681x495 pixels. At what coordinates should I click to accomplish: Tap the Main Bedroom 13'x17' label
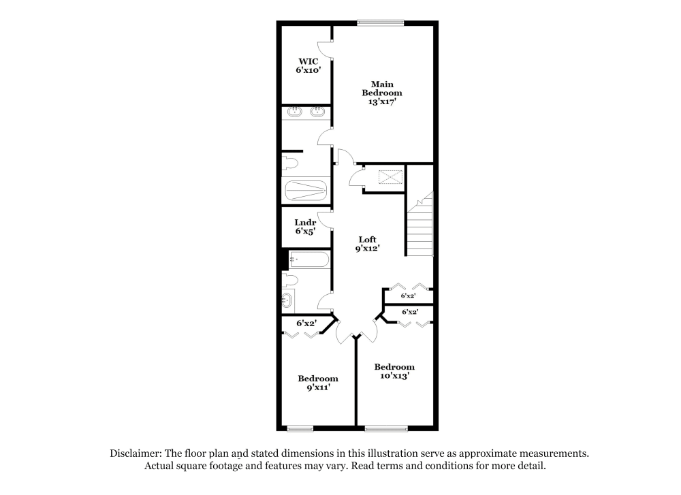[381, 93]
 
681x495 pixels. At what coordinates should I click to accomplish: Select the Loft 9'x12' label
[368, 244]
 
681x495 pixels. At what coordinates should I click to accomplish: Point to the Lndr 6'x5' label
[304, 227]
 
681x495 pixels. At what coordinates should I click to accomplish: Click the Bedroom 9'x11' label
[318, 383]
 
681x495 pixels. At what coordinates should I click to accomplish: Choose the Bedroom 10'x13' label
[394, 371]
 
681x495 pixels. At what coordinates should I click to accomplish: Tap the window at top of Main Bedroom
[381, 22]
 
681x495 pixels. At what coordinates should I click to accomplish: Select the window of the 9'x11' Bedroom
[300, 428]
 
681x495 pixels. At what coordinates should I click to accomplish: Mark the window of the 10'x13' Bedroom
[386, 428]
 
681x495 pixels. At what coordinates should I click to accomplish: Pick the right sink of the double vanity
[317, 112]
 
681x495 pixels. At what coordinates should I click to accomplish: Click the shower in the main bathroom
[306, 190]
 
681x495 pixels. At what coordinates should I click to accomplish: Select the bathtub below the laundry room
[308, 260]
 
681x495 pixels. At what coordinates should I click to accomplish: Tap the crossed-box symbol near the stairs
[388, 177]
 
